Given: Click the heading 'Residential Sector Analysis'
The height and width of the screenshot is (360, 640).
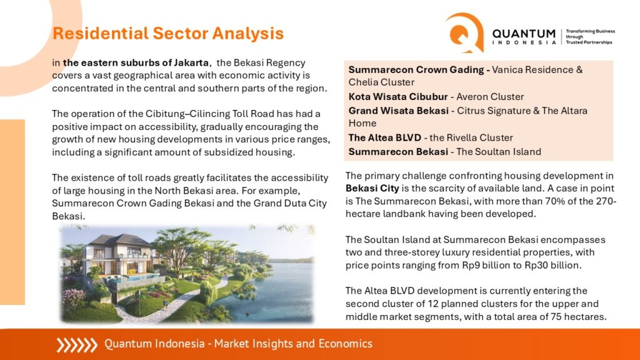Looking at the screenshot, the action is [x=167, y=34].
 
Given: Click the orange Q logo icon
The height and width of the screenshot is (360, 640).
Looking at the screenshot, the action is [x=464, y=32].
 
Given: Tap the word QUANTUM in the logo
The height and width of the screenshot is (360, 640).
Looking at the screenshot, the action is [x=524, y=34].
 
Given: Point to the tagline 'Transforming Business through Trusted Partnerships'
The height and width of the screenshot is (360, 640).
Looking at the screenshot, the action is [x=590, y=37].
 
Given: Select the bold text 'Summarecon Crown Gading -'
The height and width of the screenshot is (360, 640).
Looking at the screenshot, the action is [x=419, y=70].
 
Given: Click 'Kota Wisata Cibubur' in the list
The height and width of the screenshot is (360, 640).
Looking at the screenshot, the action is [x=398, y=97].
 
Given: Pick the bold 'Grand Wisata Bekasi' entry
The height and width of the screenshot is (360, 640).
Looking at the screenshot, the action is [x=398, y=111].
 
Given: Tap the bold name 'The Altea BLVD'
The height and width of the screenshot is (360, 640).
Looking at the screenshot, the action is [x=384, y=137].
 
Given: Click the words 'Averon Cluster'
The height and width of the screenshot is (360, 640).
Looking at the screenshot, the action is [x=490, y=97].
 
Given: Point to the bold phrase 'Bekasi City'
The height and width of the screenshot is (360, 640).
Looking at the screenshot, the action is [x=372, y=189].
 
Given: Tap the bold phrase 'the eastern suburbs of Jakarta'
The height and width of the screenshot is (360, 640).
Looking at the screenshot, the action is [x=136, y=63].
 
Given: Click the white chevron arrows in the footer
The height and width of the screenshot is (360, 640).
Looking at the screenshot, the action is [x=77, y=345].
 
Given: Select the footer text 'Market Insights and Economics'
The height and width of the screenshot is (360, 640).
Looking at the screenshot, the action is [x=293, y=344].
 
